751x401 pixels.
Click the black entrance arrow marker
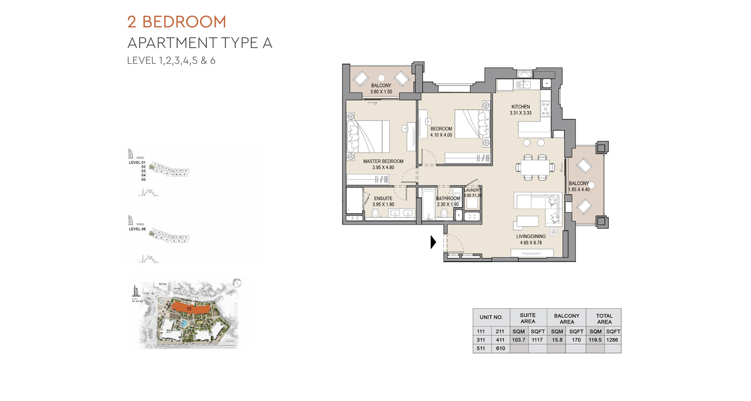tap(434, 243)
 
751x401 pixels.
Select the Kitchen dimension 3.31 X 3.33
tap(520, 113)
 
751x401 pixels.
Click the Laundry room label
tap(473, 190)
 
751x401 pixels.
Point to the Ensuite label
tap(383, 198)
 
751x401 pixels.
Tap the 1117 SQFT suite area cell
tap(538, 340)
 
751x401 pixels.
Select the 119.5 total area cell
tap(595, 340)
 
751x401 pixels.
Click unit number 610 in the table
tap(500, 348)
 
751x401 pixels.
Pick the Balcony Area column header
tap(566, 318)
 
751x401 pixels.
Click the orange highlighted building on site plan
tap(190, 308)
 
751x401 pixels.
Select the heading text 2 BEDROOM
tap(177, 22)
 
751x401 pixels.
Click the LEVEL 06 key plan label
tap(137, 229)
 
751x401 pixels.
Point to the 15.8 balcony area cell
tap(556, 340)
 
